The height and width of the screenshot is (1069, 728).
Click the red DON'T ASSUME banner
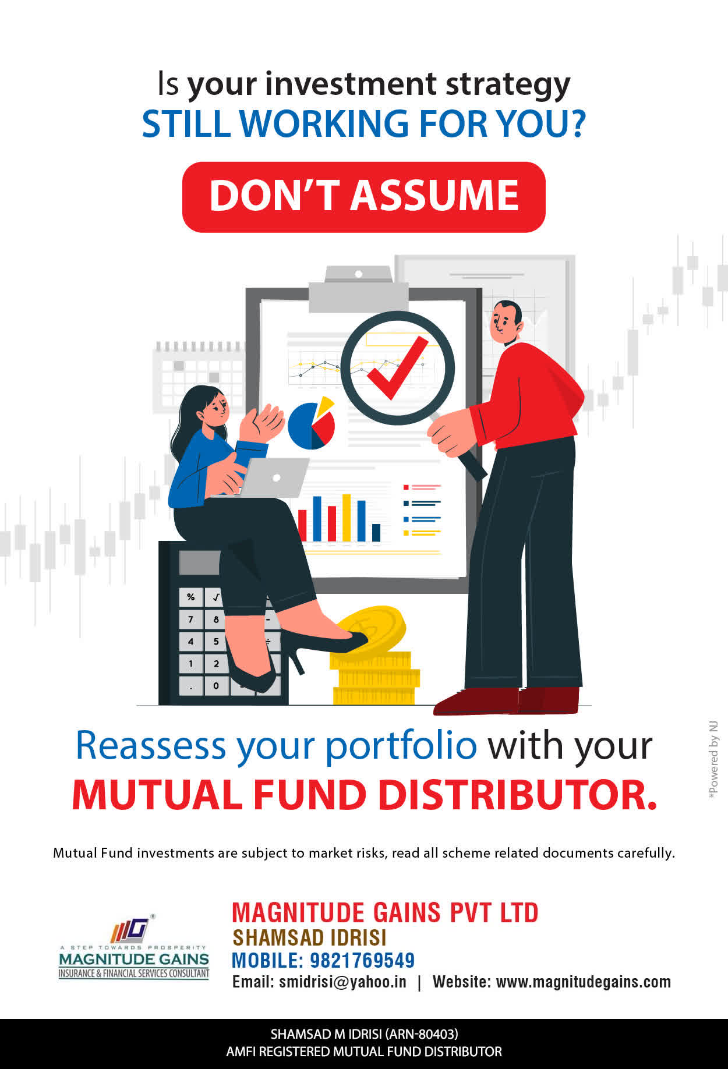coord(364,197)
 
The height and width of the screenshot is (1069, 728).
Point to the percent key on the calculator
coord(190,597)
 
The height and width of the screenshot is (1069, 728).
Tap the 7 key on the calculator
coord(190,620)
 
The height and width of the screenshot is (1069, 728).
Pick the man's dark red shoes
coord(507,700)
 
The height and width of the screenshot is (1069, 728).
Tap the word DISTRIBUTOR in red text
coord(518,795)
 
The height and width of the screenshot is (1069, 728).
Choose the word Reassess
coord(151,745)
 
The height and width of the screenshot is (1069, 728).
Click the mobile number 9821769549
coord(362,960)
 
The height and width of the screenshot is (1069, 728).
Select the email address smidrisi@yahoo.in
coord(342,982)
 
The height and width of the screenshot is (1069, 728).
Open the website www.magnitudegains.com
coord(584,982)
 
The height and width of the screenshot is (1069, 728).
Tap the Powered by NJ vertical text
coord(713,760)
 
